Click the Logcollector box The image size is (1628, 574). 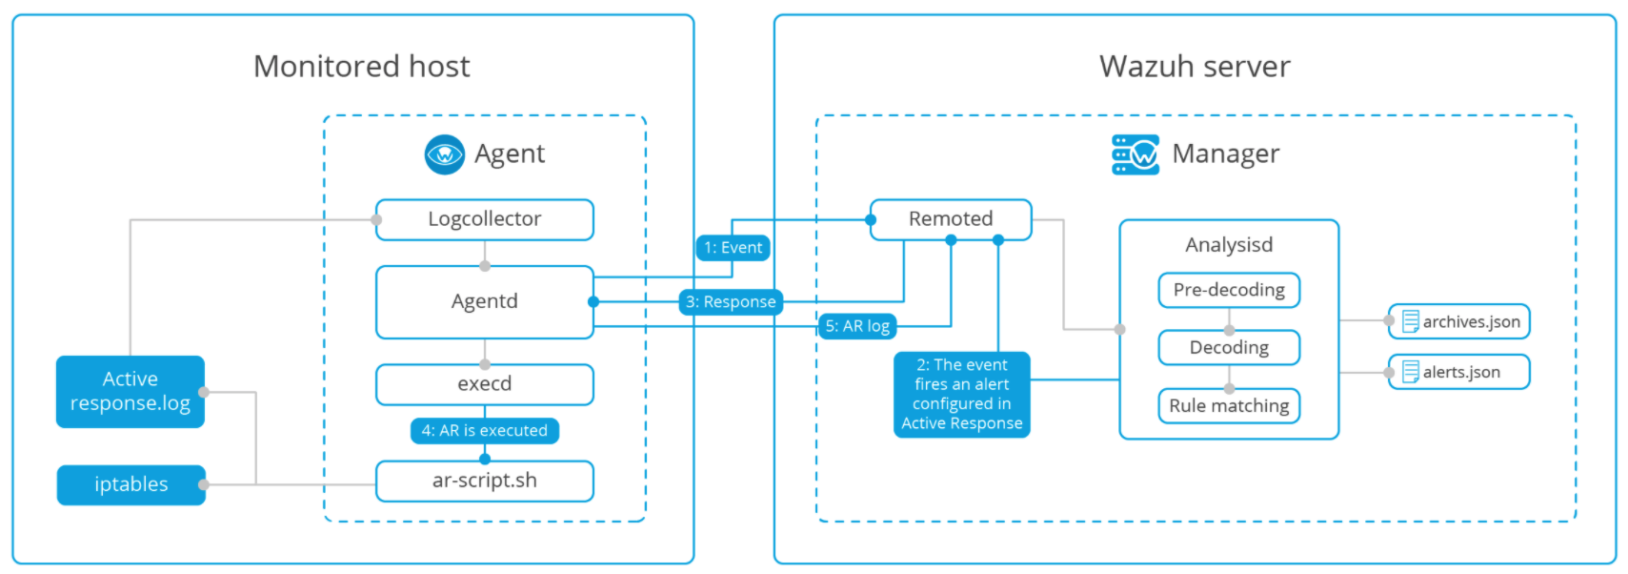point(484,219)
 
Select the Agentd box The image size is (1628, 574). point(484,301)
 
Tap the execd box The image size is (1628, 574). point(484,384)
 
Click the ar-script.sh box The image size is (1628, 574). point(484,481)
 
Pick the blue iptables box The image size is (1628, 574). point(131,484)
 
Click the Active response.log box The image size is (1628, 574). point(130,391)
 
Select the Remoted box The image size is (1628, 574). point(950,219)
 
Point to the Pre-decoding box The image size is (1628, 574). point(1228,290)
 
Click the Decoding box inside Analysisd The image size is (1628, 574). point(1228,348)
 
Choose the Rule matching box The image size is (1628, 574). point(1228,406)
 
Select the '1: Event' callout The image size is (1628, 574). point(733,248)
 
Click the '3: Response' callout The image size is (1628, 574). point(731,302)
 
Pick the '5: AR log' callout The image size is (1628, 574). point(857,326)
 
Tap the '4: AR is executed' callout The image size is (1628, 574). point(484,431)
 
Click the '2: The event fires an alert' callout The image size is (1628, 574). point(961,394)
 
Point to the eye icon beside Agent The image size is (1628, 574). point(444,154)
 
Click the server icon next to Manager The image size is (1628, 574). point(1135,154)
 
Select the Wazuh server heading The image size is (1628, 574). point(1194,67)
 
